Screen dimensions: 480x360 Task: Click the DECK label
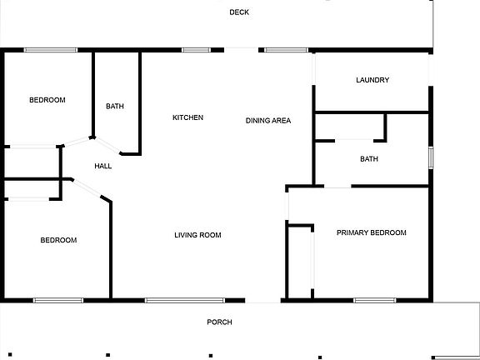coord(239,12)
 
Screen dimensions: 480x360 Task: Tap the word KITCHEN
coord(187,117)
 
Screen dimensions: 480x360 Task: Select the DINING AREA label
coord(268,121)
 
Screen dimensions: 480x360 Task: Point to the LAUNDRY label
coord(372,80)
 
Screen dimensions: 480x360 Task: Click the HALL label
coord(102,166)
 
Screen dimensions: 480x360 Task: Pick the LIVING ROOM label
coord(197,235)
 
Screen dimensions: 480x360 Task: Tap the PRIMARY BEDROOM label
coord(372,232)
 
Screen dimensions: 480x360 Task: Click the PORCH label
coord(219,322)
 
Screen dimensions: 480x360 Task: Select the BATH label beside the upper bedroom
coord(115,106)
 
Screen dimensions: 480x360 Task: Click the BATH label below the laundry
coord(369,159)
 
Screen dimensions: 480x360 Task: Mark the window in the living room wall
coord(185,300)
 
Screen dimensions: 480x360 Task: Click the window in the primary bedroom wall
coord(375,300)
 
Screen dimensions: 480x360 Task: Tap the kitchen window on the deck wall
coord(196,50)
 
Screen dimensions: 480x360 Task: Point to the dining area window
coord(286,50)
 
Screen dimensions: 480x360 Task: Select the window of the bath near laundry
coord(431,157)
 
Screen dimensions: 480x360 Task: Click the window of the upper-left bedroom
coord(51,50)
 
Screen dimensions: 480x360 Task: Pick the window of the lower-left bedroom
coord(58,300)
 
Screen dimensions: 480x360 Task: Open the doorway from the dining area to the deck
coord(241,50)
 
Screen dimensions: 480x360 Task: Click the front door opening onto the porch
coord(263,300)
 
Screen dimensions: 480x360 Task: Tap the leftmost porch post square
coord(10,354)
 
